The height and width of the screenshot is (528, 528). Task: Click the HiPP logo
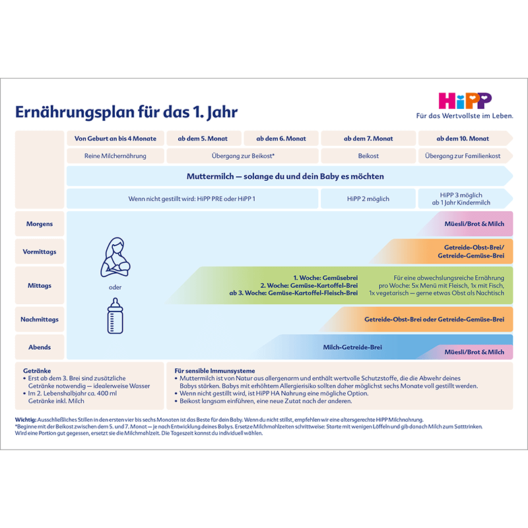(x=465, y=101)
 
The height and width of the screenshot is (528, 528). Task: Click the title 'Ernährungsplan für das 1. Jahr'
(x=126, y=112)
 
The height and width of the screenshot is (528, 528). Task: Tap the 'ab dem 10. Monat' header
(x=463, y=139)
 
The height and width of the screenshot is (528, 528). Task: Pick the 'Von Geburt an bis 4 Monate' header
(x=115, y=139)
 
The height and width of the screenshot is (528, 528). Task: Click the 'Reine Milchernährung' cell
(x=115, y=156)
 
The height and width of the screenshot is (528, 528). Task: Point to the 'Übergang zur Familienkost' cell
(x=463, y=156)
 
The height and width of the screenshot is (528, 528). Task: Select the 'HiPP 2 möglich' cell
(x=368, y=199)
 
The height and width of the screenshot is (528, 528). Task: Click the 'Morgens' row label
(x=40, y=224)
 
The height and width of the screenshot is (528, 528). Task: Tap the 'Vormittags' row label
(x=40, y=251)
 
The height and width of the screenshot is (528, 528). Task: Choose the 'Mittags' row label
(x=40, y=286)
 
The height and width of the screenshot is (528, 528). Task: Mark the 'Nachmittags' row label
(x=40, y=319)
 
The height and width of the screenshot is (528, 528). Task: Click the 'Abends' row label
(x=40, y=347)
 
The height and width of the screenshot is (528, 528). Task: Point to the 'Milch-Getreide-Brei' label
(x=352, y=347)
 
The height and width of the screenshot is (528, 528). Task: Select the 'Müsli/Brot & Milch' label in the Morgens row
(x=474, y=224)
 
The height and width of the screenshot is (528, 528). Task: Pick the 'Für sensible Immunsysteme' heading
(x=214, y=371)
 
